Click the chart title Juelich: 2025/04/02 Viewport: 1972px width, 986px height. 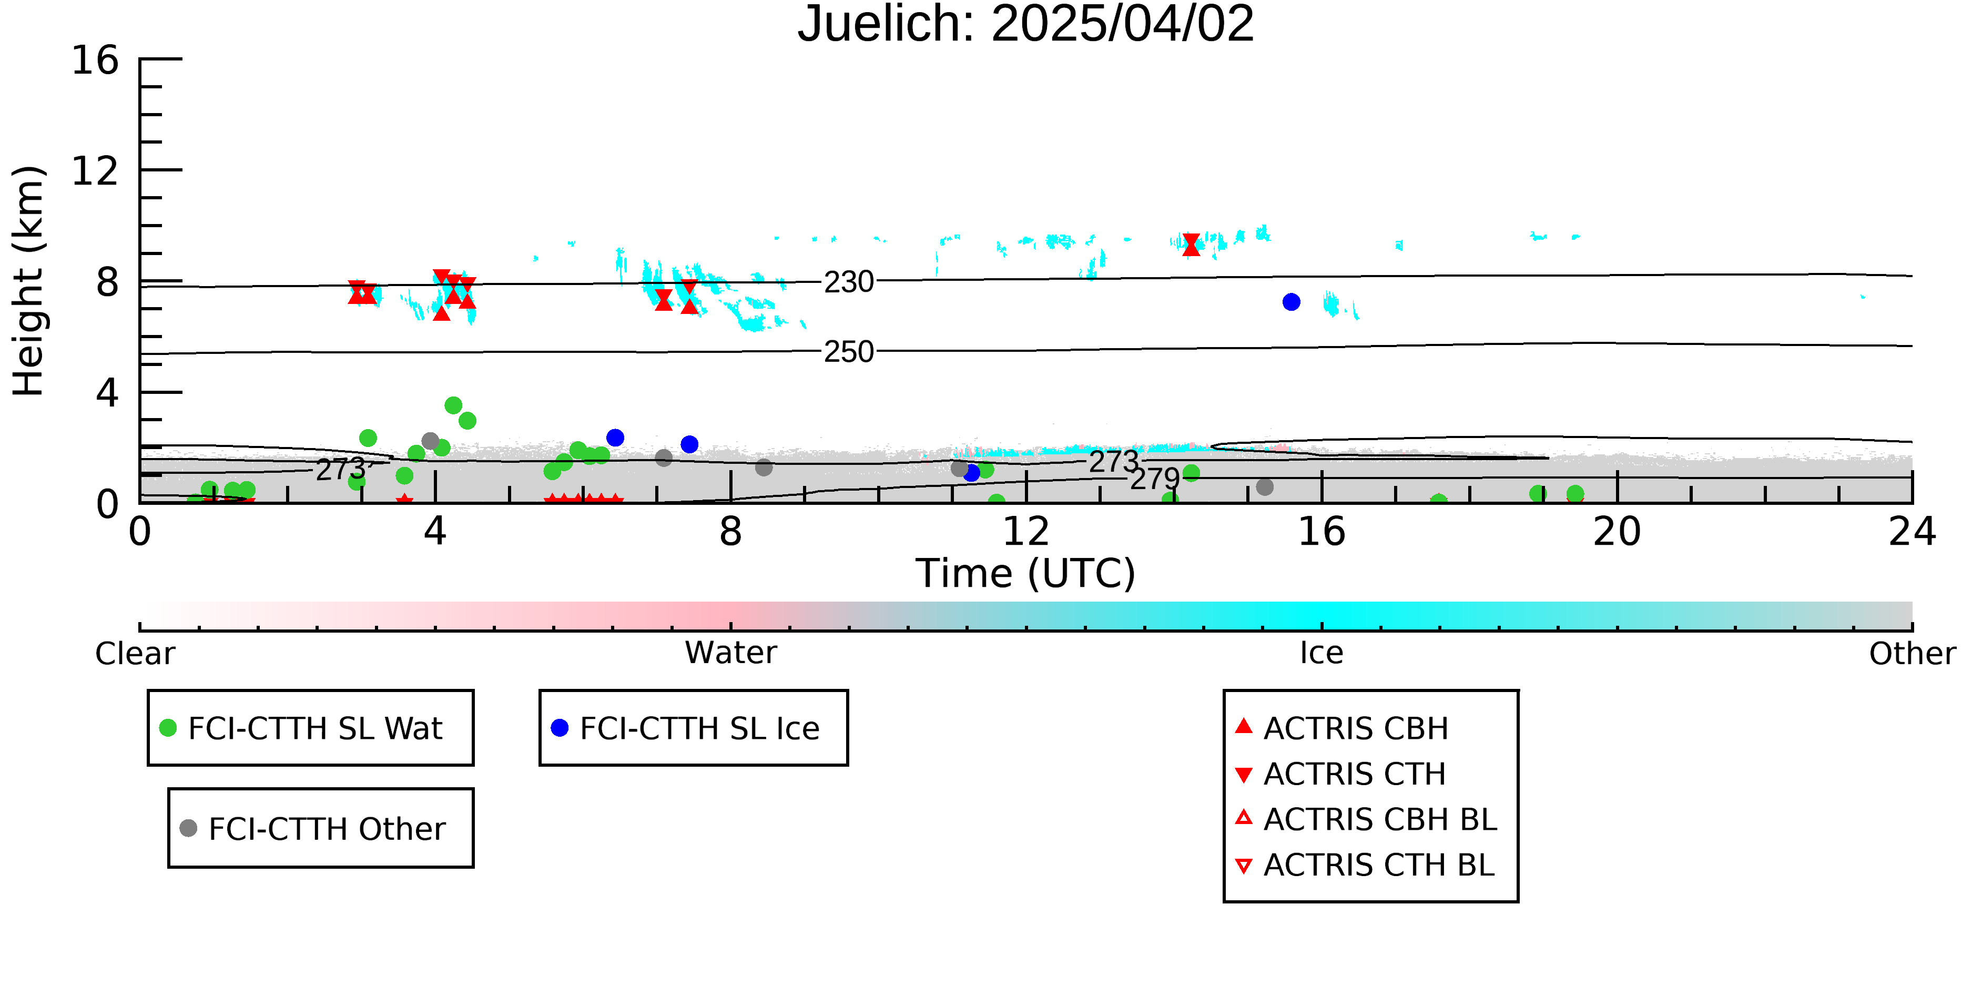[x=1026, y=25]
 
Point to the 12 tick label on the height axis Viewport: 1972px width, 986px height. [x=95, y=171]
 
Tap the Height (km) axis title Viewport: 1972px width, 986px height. [x=29, y=281]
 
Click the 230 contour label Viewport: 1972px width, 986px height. [x=849, y=282]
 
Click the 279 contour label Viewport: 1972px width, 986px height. [x=1155, y=479]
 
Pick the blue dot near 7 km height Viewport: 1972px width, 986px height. [x=1292, y=302]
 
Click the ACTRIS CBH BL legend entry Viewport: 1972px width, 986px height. [x=1367, y=819]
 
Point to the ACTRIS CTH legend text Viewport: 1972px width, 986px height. [x=1354, y=774]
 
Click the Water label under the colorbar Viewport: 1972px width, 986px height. [x=731, y=653]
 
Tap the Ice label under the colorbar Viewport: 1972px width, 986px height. [x=1322, y=653]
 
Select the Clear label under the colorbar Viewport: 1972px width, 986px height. [x=136, y=654]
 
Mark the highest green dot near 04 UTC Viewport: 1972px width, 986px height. [x=453, y=405]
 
